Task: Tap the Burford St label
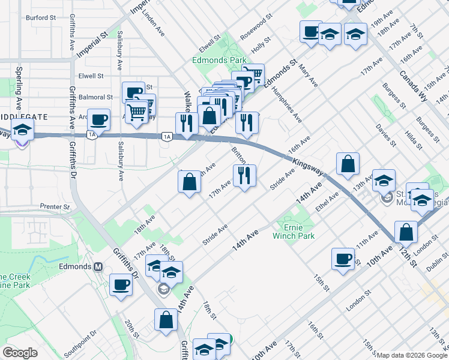[x=41, y=18]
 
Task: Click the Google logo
[x=20, y=352]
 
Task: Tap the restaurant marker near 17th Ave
[x=244, y=176]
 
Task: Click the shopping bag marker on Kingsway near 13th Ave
[x=348, y=164]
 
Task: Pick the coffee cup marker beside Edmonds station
[x=121, y=284]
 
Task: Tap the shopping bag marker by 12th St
[x=406, y=232]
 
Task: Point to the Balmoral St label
[x=95, y=97]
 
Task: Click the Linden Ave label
[x=153, y=22]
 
